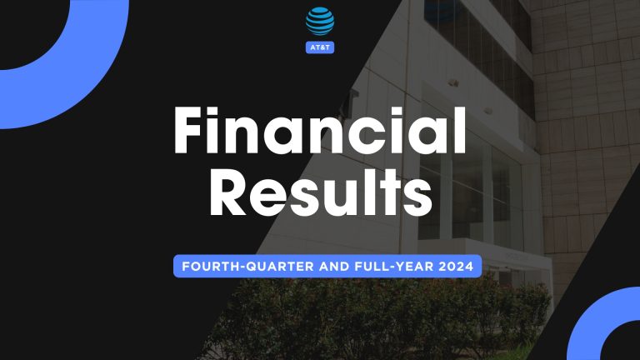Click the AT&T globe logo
(x=320, y=21)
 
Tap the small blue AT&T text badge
(x=320, y=47)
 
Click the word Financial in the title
(x=319, y=132)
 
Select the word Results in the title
(x=319, y=197)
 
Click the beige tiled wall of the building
(x=583, y=125)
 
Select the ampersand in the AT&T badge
(x=321, y=47)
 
